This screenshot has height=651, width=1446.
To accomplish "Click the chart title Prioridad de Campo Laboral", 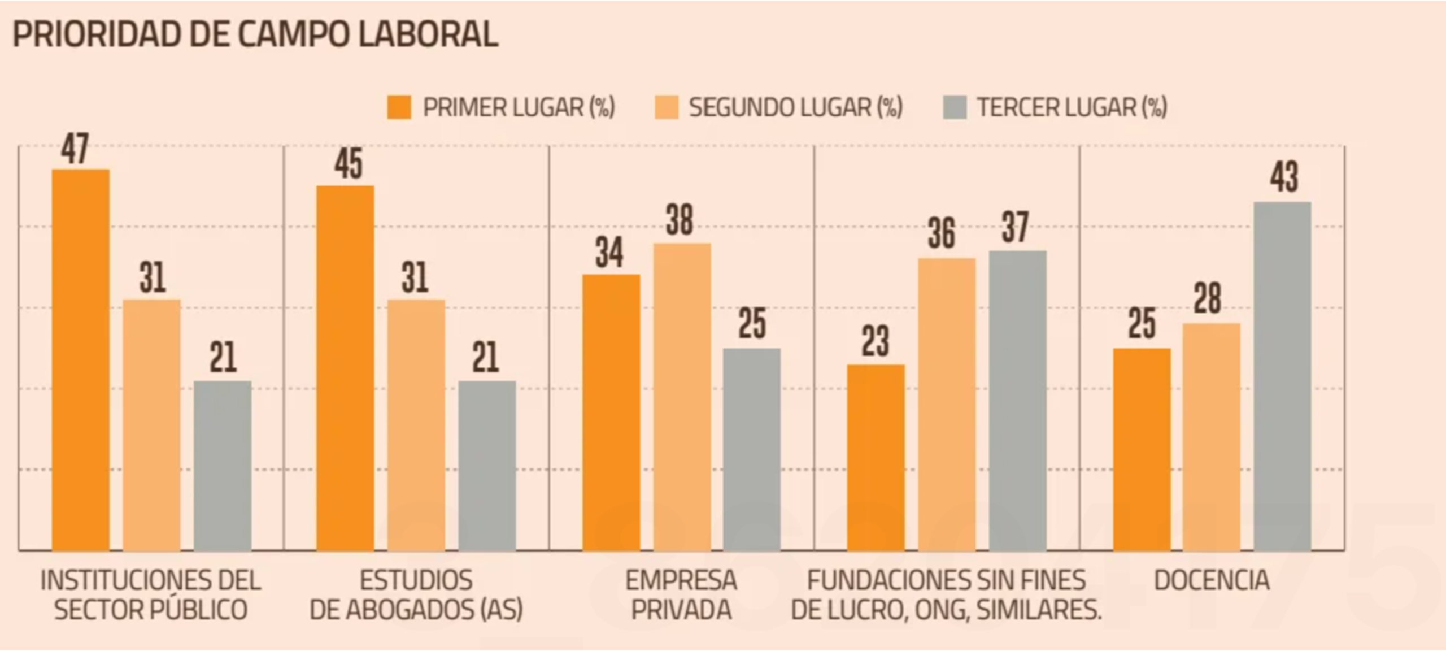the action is point(255,34).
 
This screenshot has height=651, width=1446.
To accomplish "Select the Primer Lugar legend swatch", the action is point(399,107).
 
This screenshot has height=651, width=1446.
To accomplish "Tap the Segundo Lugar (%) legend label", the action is point(796,107).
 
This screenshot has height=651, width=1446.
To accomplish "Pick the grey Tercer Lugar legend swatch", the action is point(955,107).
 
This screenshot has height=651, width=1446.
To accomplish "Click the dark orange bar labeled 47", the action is point(81,359).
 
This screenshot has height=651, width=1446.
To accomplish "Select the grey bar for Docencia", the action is point(1282,376).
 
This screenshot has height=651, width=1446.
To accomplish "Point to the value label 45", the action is point(348,164).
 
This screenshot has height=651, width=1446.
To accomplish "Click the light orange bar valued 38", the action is point(682,397).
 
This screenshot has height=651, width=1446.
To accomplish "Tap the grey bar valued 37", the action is point(1018,401).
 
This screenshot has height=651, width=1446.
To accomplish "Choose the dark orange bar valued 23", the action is point(876,457).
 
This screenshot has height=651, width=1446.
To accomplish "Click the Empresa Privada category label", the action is point(681,595).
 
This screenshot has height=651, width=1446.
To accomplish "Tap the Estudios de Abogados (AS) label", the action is point(416,595).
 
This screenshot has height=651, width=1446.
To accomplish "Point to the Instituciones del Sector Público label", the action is point(150,595).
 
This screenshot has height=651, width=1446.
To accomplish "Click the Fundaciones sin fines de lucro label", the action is point(947,595).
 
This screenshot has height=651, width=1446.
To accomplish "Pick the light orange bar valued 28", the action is point(1212,437).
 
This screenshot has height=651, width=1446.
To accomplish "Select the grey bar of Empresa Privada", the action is point(752,449).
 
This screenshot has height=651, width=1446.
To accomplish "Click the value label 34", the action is point(609,253).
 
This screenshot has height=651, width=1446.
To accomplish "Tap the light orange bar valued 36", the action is point(947,404).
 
